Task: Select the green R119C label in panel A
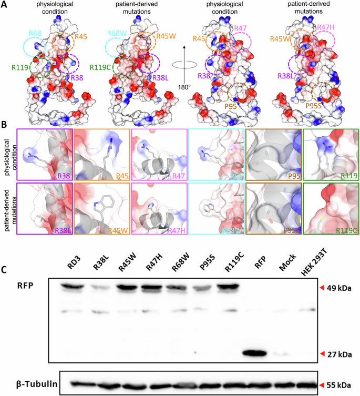(x=100, y=67)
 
